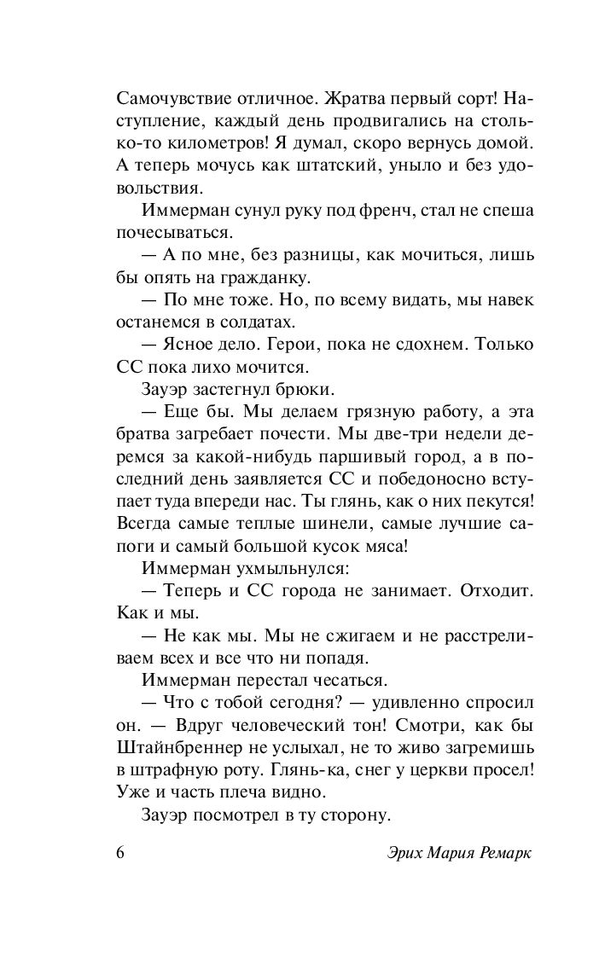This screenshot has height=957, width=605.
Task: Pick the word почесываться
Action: pyautogui.click(x=173, y=230)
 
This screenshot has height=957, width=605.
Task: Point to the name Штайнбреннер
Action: pyautogui.click(x=183, y=747)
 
